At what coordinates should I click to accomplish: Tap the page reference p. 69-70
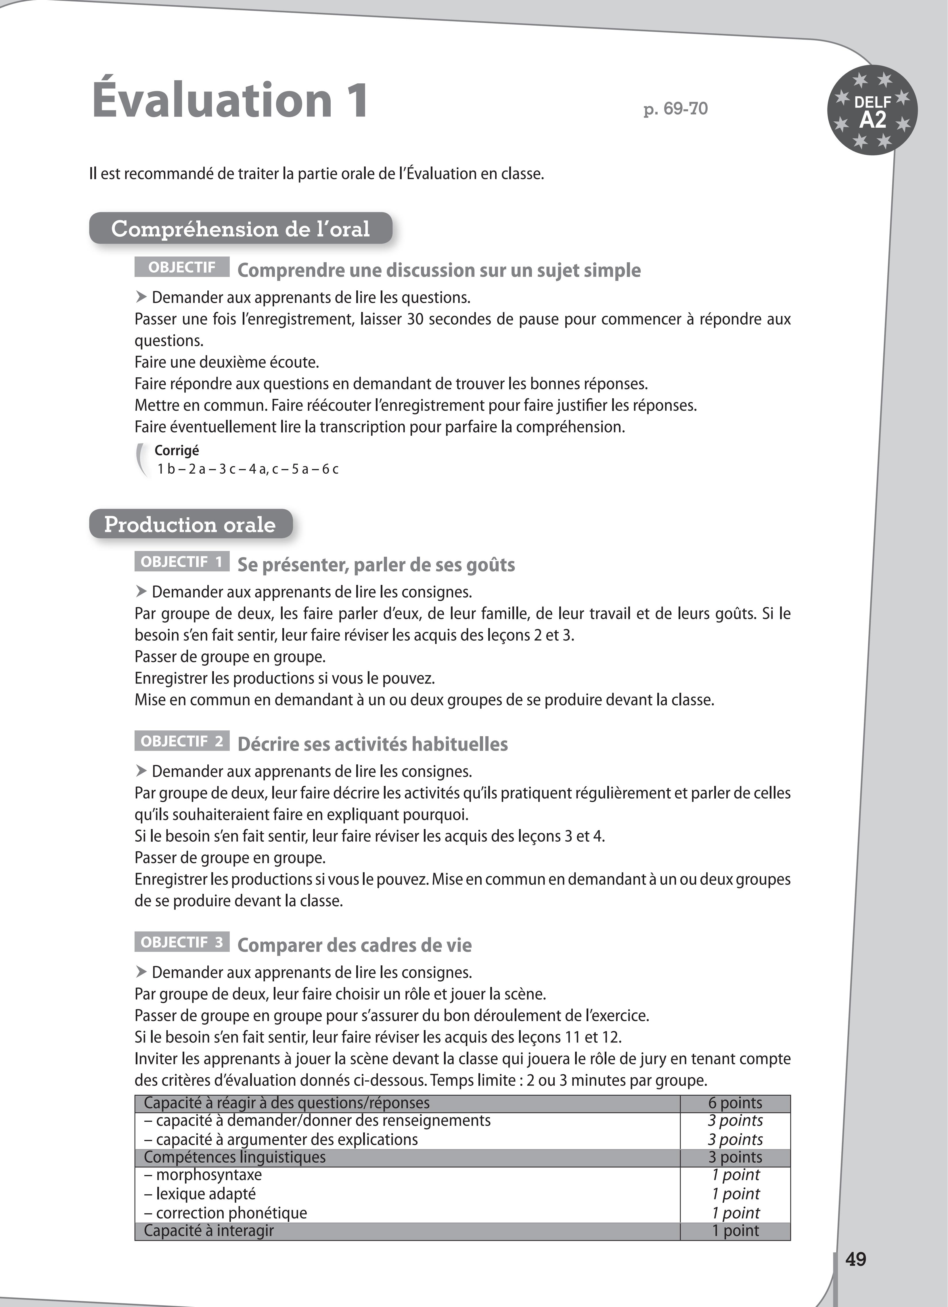click(675, 108)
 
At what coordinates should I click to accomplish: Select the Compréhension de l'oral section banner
click(240, 229)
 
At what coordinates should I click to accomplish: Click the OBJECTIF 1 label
click(181, 562)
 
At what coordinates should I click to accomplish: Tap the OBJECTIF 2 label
click(181, 741)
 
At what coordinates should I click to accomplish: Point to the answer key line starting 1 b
click(248, 469)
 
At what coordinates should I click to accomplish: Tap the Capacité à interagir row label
click(209, 1230)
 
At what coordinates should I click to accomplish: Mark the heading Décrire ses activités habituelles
click(372, 744)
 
